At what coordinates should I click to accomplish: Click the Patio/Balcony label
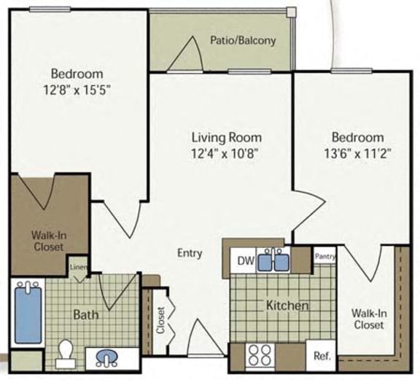pyautogui.click(x=243, y=40)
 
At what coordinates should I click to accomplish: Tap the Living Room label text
pyautogui.click(x=226, y=137)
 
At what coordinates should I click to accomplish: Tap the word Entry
pyautogui.click(x=190, y=253)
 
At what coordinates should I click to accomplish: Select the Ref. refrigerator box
pyautogui.click(x=322, y=357)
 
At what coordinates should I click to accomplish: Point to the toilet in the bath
pyautogui.click(x=65, y=352)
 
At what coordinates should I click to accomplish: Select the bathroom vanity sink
pyautogui.click(x=106, y=357)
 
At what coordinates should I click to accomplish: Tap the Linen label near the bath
pyautogui.click(x=79, y=267)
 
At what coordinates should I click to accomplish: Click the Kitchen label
pyautogui.click(x=287, y=306)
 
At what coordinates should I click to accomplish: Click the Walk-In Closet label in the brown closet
pyautogui.click(x=47, y=241)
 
